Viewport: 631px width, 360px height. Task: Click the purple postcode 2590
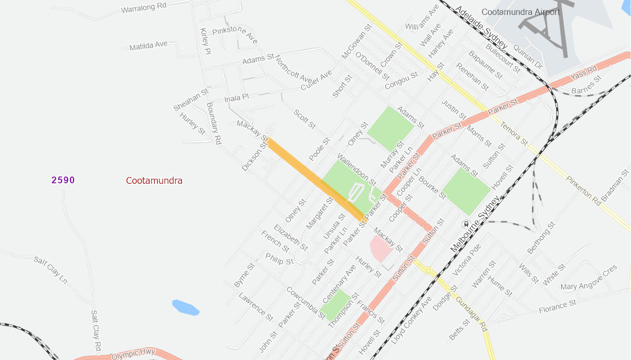coord(63,180)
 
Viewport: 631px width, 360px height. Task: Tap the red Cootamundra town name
coord(154,181)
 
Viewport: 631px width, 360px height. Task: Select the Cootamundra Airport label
coord(520,12)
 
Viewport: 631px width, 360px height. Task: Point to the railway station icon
coord(466,223)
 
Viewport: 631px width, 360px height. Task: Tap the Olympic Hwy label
coord(133,354)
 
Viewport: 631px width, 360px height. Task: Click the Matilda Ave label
coord(148,47)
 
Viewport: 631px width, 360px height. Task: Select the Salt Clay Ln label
coord(51,269)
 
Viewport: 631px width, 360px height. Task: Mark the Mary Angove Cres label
coord(589,277)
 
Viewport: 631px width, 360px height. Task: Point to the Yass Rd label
coord(584,73)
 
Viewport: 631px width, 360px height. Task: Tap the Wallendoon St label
coord(356,169)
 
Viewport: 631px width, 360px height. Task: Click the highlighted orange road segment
coord(315,178)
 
